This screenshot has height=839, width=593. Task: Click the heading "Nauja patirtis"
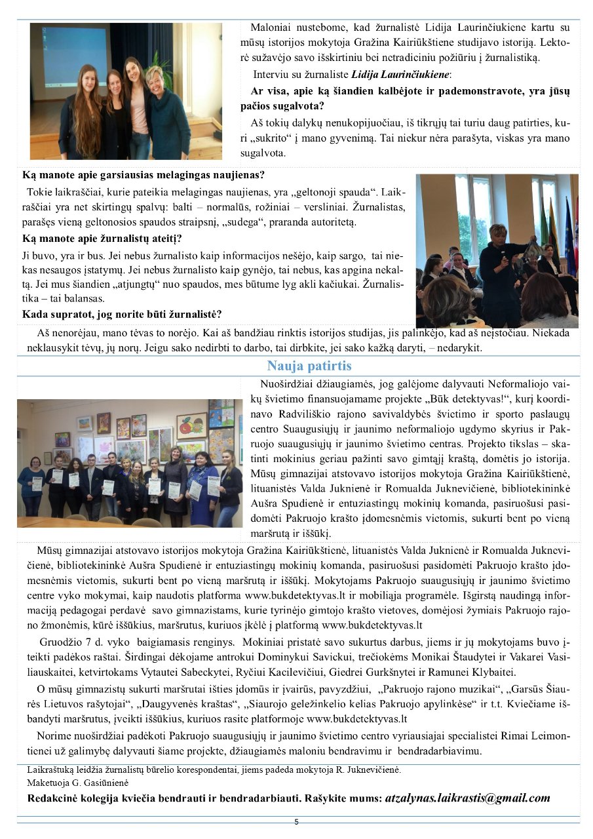(309, 366)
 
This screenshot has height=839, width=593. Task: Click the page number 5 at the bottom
(296, 822)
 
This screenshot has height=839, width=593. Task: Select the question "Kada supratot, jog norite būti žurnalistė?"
(122, 314)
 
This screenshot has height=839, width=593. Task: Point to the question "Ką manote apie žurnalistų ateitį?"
(102, 239)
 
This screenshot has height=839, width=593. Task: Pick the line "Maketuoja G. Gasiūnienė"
(78, 783)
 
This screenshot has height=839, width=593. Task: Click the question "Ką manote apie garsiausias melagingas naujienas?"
(143, 175)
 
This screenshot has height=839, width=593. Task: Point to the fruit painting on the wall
(191, 426)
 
